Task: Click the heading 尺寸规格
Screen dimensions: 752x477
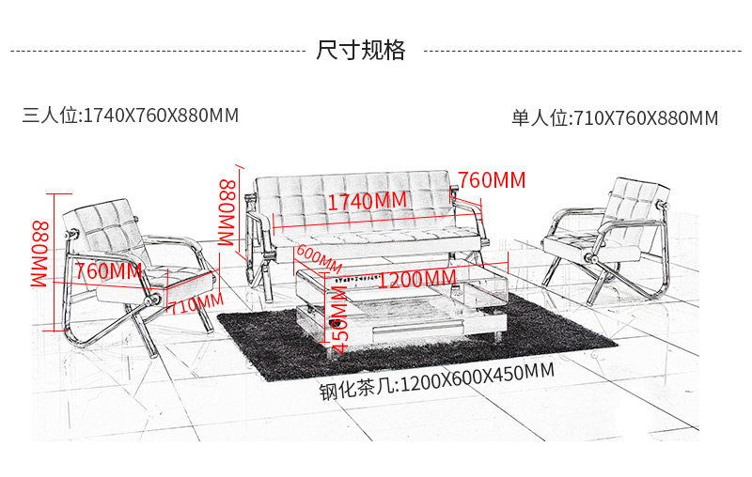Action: tap(361, 50)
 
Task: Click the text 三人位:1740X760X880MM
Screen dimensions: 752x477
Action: tap(131, 115)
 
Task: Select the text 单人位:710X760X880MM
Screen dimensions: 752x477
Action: tap(615, 118)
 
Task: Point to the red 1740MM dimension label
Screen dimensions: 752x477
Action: tap(367, 201)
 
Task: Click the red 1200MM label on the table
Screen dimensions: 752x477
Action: tap(416, 279)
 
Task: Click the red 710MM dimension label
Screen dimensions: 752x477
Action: tap(196, 304)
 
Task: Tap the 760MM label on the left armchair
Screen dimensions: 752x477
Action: tap(108, 271)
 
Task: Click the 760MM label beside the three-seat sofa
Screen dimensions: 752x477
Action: tap(492, 179)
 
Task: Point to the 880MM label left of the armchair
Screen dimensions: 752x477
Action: tap(40, 254)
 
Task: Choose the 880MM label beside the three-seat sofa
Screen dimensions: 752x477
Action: tap(228, 212)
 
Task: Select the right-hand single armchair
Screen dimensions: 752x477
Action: tap(611, 235)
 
